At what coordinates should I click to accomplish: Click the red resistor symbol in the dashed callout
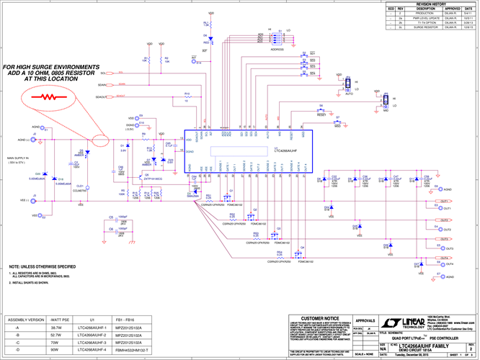(x=48, y=95)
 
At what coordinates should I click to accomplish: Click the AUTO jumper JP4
(x=347, y=84)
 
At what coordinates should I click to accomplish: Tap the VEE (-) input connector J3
(x=33, y=199)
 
